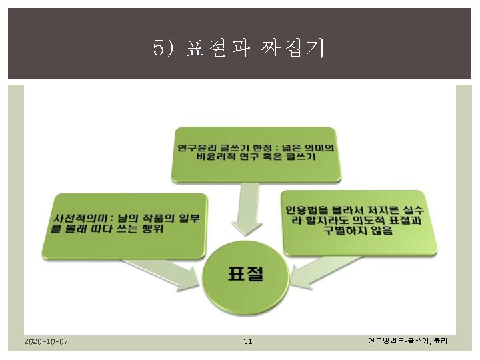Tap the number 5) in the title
(x=164, y=47)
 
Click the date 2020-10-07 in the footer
(x=45, y=342)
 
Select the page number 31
(x=247, y=342)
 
